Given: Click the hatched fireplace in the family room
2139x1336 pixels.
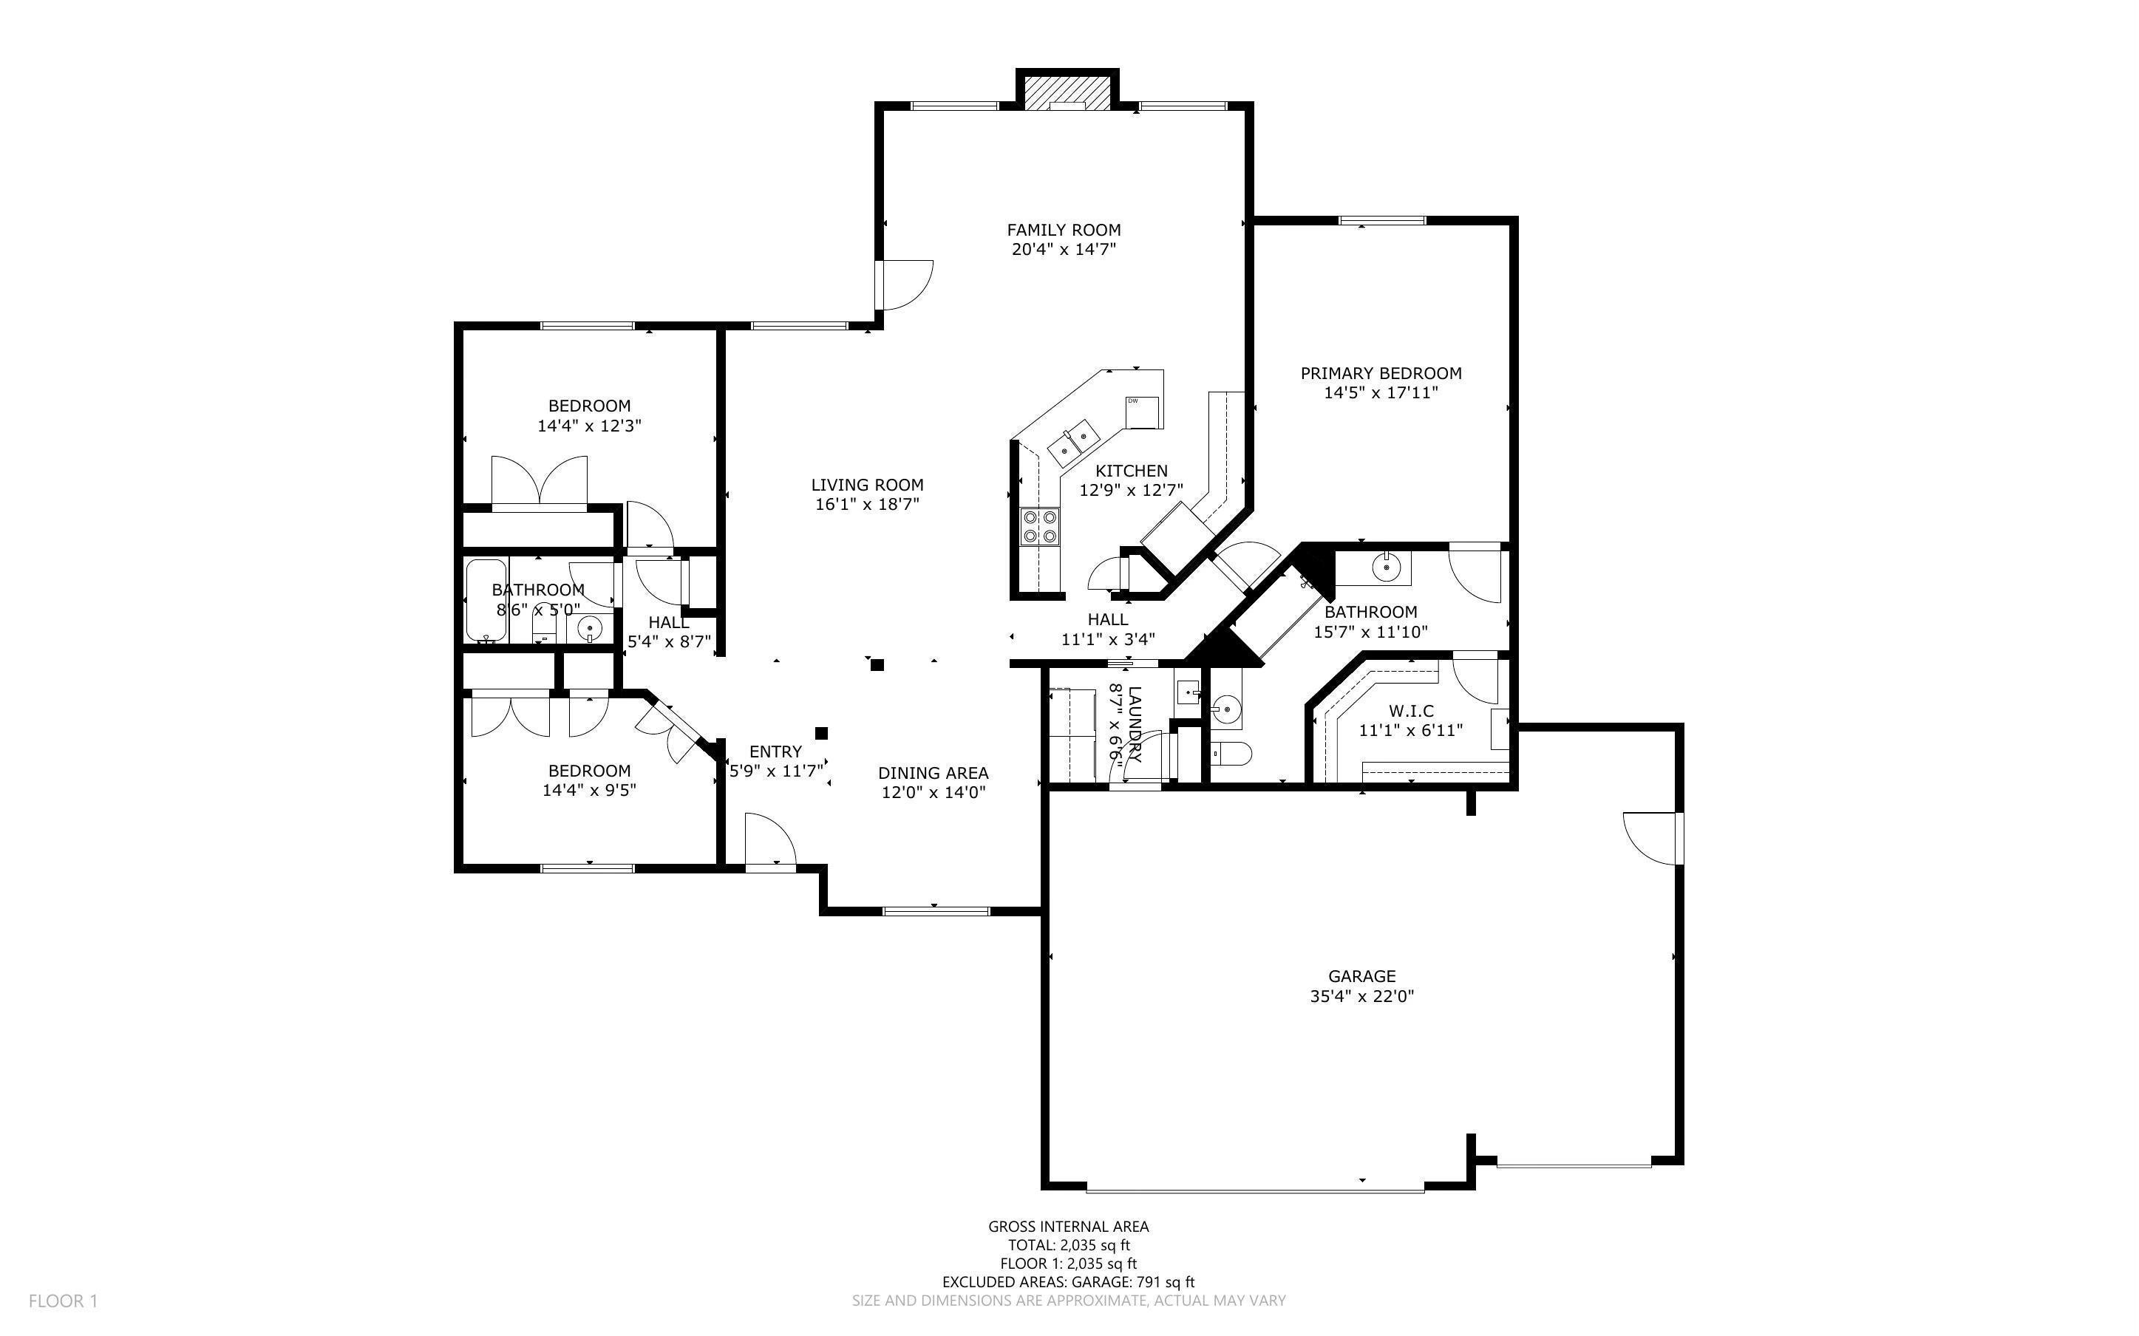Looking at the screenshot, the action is (1067, 91).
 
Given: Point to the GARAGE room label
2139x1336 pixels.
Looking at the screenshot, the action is (1361, 976).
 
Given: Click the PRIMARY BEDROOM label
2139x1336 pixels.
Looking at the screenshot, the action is (1381, 373).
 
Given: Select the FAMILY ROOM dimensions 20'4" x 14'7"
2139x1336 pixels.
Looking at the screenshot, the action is (1064, 249).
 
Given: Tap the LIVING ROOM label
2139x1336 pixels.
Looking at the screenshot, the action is (867, 484).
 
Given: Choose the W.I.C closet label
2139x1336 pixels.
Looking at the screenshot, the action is (1411, 710).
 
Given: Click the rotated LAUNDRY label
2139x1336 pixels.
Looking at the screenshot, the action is (1136, 725).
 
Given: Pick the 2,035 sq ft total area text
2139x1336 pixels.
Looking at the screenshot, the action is (1095, 1245).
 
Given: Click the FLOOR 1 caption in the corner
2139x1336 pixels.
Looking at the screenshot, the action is (63, 1301).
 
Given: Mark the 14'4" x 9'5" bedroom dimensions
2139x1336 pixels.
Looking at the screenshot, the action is (589, 790).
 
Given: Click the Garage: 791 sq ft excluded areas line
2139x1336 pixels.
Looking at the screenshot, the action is (1068, 1282).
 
